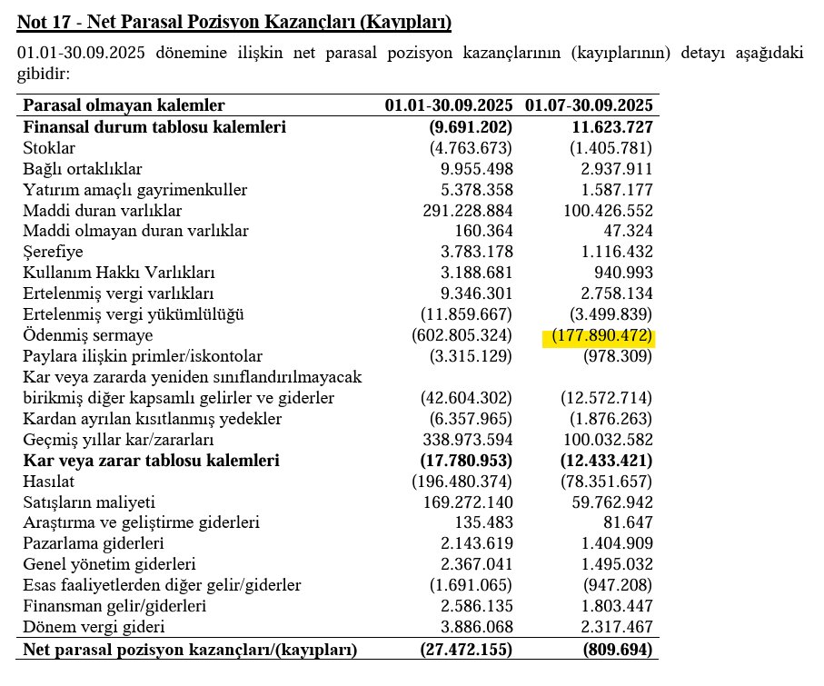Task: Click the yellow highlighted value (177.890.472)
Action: (598, 336)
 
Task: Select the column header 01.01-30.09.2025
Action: (449, 106)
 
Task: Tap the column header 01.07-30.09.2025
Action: (590, 106)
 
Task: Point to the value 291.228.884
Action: (464, 211)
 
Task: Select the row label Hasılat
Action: (49, 482)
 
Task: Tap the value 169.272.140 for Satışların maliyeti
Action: (464, 502)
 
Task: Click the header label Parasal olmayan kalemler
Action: (124, 106)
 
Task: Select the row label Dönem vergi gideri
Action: (94, 628)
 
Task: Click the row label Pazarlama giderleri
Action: (94, 544)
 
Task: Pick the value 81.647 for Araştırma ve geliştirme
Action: (627, 523)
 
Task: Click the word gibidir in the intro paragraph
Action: (43, 74)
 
